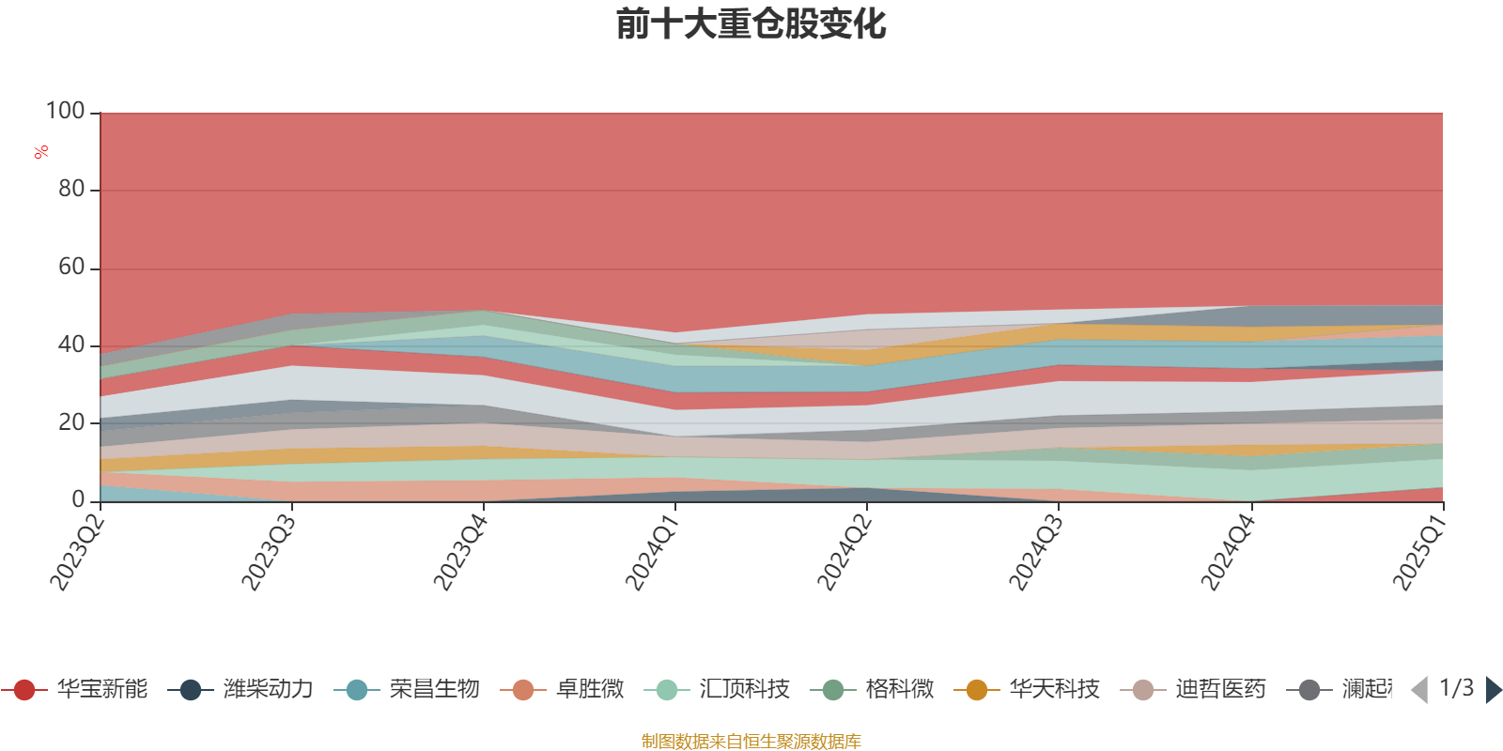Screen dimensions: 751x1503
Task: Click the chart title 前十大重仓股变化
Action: coord(751,24)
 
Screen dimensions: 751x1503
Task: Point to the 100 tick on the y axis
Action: coord(66,111)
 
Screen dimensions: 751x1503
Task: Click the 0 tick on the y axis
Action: coord(79,499)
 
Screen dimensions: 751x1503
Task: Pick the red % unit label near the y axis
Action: coord(41,152)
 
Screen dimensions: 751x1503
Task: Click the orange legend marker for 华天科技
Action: coord(977,690)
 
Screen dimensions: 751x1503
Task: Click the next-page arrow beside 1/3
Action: coord(1493,690)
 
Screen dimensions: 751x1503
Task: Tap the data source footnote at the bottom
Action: coord(751,742)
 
